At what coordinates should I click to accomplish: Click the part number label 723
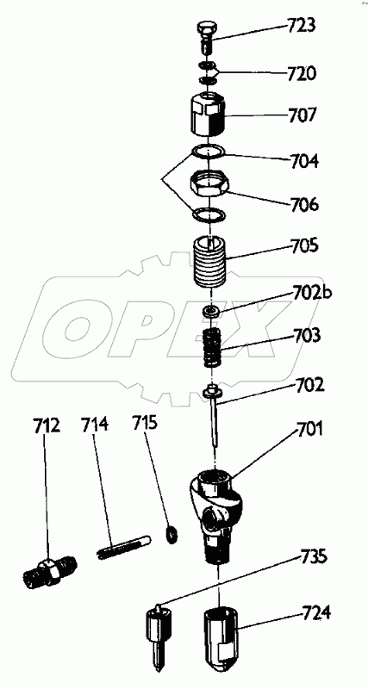pos(301,27)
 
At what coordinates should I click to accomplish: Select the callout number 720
pos(301,73)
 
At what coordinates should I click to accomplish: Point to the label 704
pos(303,162)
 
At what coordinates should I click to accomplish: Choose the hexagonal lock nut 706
pos(209,184)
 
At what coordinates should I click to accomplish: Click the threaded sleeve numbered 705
pos(211,261)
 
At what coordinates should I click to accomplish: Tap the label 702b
pos(310,292)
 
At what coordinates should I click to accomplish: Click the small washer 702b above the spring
pos(211,311)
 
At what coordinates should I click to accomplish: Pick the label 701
pos(309,428)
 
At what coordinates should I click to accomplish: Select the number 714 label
pos(94,425)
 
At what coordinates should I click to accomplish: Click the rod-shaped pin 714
pos(123,546)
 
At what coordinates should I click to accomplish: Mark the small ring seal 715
pos(171,533)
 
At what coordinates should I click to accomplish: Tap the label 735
pos(314,556)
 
